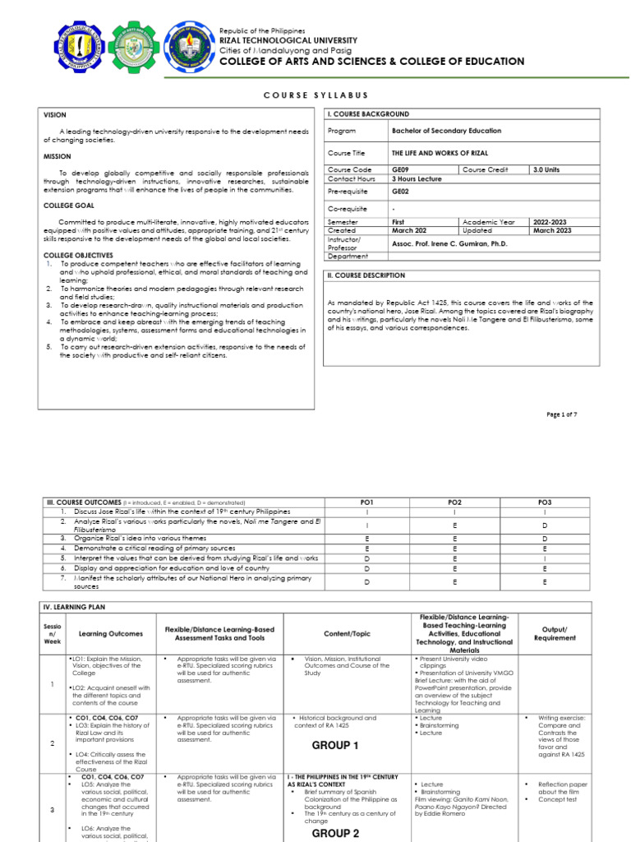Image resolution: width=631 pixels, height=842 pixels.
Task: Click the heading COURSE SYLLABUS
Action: [315, 95]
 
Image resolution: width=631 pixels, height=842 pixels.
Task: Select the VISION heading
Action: [55, 115]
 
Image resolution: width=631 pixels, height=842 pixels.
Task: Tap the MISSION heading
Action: [58, 156]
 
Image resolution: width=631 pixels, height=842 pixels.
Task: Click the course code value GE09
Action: [401, 169]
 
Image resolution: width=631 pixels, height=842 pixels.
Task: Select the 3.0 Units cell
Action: [546, 169]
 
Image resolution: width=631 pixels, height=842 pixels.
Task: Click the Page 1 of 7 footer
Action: [562, 414]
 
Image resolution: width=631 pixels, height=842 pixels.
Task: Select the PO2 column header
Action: [454, 502]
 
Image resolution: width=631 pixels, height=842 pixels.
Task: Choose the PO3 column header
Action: [545, 502]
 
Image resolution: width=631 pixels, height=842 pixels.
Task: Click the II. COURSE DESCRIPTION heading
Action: [366, 275]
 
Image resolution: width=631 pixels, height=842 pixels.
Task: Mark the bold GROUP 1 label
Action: [334, 746]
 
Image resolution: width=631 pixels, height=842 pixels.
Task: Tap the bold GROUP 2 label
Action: [334, 833]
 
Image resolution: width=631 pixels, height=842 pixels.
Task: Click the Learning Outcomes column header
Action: [110, 633]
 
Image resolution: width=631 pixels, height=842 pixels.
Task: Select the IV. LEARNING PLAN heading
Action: [74, 606]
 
